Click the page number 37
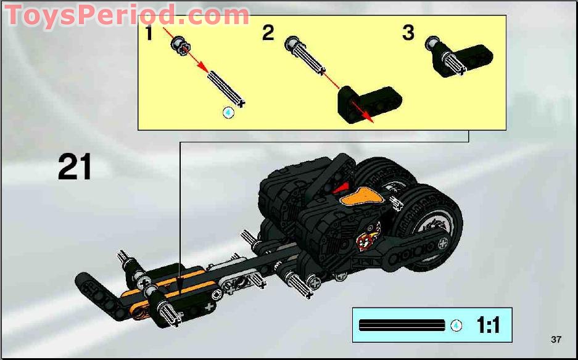(556, 340)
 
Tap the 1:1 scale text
(487, 324)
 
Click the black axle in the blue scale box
(402, 325)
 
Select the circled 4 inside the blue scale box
(456, 325)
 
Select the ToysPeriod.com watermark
(127, 15)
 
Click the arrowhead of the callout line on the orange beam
(180, 285)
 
